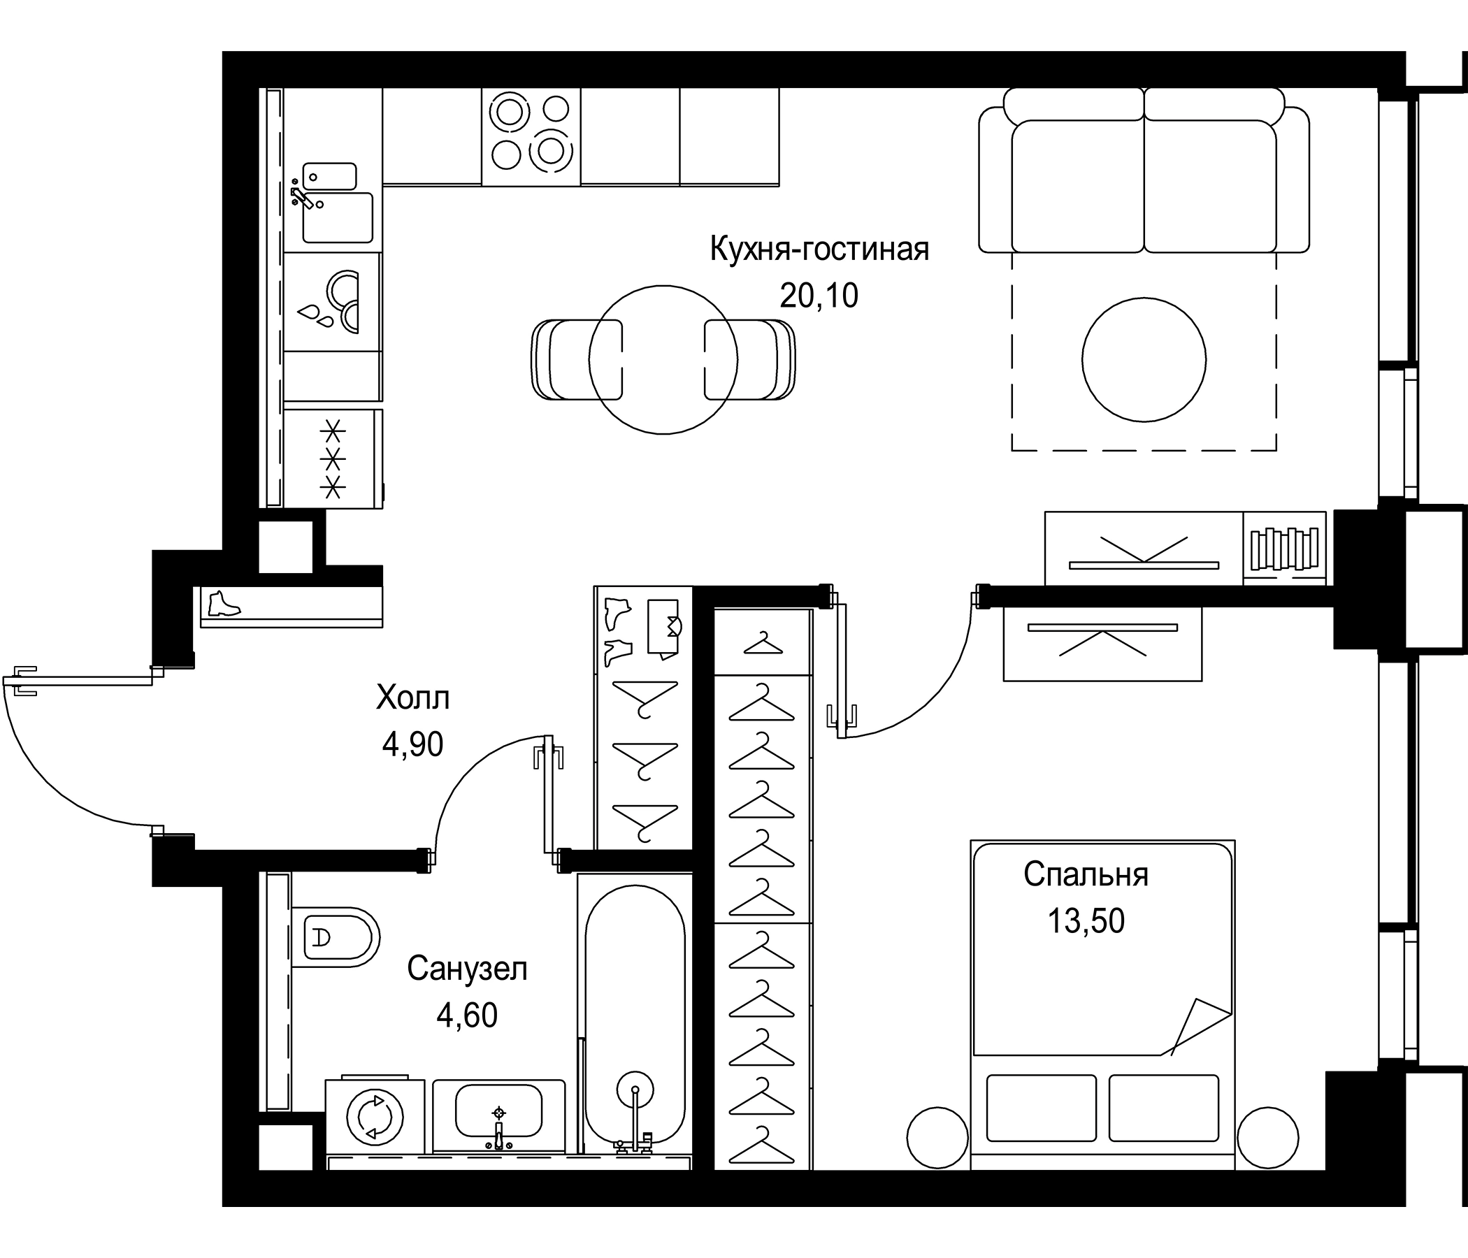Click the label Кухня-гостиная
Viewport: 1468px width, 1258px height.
[819, 250]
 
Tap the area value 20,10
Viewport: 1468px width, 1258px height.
[819, 296]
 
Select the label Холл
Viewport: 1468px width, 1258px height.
[412, 697]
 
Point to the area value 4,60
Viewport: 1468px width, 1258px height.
[467, 1015]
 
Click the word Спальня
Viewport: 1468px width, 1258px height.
[1086, 875]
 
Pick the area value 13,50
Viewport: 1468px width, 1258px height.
[1086, 921]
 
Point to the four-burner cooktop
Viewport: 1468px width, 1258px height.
[531, 132]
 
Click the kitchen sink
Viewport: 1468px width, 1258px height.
[337, 215]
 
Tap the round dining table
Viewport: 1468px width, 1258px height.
[663, 360]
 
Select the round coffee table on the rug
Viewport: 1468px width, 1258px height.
[1144, 360]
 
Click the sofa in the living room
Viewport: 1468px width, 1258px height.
[1144, 180]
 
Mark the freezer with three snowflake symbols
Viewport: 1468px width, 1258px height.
[333, 458]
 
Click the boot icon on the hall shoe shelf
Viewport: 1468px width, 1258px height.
[224, 605]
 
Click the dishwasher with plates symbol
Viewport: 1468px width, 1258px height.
[331, 302]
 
